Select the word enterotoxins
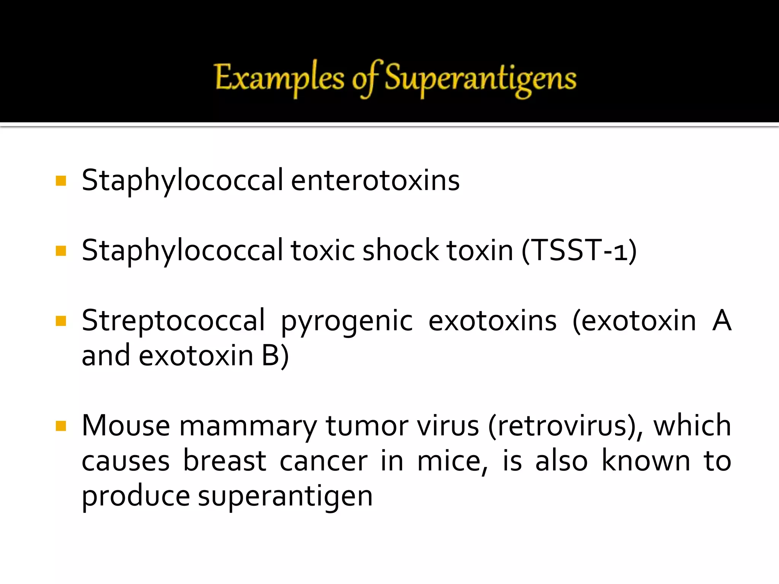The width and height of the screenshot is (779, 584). (x=375, y=180)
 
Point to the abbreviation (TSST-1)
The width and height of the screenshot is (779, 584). (x=579, y=251)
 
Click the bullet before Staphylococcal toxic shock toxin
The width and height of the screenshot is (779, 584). (x=61, y=251)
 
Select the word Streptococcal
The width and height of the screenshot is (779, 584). (x=173, y=321)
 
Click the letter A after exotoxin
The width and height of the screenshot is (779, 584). (x=722, y=321)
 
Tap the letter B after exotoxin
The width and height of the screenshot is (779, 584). (x=271, y=355)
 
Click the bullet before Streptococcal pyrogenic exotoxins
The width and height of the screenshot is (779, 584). (x=61, y=321)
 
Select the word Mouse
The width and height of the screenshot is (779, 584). (x=126, y=425)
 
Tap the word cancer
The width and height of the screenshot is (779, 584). (x=324, y=461)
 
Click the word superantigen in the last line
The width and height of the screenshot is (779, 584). (x=285, y=497)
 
